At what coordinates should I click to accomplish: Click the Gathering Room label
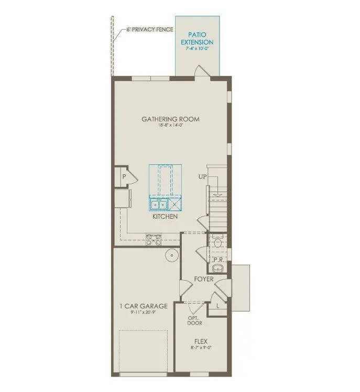[170, 119]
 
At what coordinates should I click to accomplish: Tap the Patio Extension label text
[197, 38]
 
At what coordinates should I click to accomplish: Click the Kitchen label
[165, 216]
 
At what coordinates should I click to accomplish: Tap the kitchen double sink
[158, 205]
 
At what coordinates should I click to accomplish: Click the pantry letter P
[124, 177]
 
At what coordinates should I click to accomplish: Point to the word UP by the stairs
[202, 177]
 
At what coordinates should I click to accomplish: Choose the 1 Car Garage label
[143, 306]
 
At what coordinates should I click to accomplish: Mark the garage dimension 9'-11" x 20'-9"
[143, 313]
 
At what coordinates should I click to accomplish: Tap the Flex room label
[201, 341]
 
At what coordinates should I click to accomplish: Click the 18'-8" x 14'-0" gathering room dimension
[170, 126]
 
